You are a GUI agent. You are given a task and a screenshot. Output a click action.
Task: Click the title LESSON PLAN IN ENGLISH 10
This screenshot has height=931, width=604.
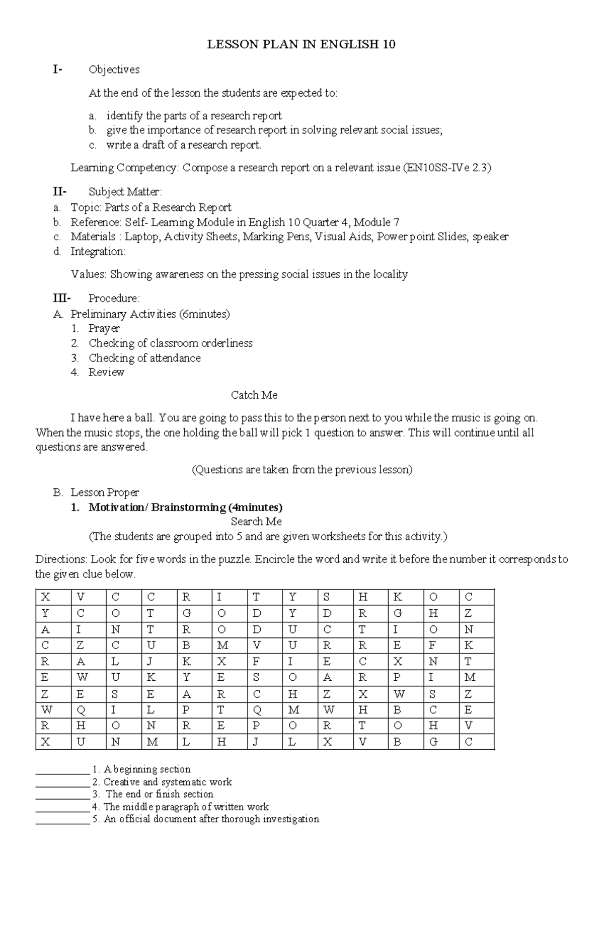pos(301,45)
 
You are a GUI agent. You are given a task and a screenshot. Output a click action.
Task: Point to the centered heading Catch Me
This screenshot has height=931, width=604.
pos(254,395)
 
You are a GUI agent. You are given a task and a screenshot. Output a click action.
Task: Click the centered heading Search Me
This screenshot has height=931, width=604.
pos(256,522)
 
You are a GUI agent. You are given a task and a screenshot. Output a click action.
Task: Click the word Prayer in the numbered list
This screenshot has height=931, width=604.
pos(104,328)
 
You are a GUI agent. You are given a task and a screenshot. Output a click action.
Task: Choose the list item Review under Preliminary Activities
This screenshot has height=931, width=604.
pos(106,373)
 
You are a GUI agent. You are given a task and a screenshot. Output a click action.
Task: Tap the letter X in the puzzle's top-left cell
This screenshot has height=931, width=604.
pos(45,598)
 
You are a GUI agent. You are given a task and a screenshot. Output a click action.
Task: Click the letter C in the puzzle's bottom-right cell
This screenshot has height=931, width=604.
pos(469,742)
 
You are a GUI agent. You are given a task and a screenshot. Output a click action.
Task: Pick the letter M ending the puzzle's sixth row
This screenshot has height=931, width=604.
pos(470,678)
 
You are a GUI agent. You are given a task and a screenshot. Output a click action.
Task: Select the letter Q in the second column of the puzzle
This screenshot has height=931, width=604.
pos(81,710)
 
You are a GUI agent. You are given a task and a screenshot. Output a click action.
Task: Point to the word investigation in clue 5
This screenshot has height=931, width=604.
pos(291,819)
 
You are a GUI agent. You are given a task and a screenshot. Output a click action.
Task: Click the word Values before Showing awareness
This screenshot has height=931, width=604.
pos(89,274)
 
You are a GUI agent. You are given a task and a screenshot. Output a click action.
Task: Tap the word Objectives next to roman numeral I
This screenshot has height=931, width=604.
pos(114,69)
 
